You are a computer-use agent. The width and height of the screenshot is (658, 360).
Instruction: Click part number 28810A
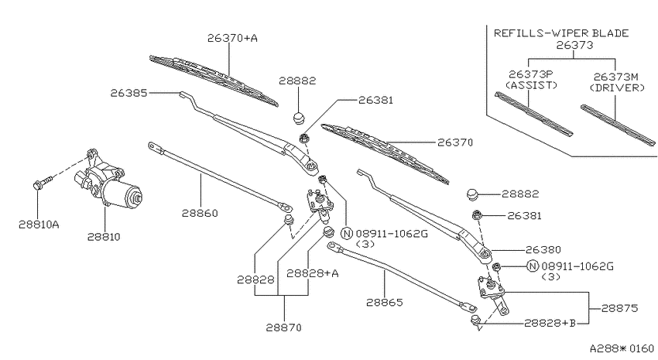tap(39, 225)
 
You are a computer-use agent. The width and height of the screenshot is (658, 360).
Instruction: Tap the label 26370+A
tap(232, 38)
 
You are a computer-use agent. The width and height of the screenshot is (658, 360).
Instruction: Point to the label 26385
tap(129, 93)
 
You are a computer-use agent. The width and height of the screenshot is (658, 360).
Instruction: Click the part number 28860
tap(200, 213)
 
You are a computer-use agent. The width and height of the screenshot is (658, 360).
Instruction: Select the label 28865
tap(385, 302)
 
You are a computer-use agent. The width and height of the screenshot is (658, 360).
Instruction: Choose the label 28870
tap(283, 327)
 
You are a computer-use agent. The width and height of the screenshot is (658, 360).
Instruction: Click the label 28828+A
tap(313, 273)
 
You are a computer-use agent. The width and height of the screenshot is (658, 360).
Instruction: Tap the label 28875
tap(619, 308)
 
